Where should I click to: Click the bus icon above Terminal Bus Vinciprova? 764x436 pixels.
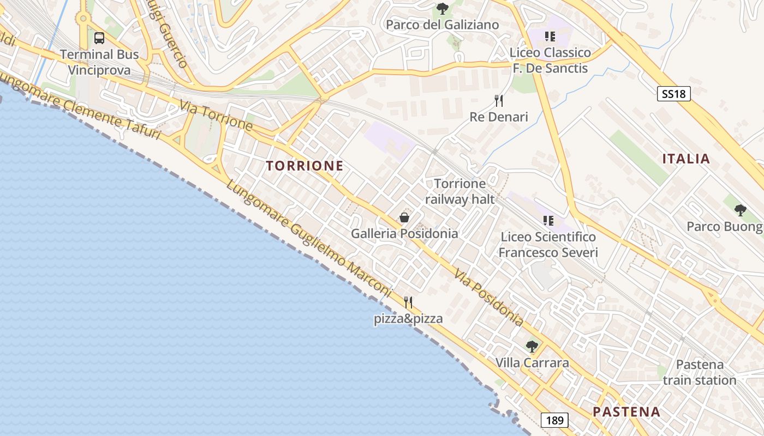99,38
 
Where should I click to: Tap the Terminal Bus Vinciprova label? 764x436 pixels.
99,62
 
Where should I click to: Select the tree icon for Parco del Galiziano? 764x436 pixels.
443,9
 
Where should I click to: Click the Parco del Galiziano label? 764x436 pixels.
443,25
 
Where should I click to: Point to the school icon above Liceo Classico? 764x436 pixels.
550,37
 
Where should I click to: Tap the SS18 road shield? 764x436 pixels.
673,94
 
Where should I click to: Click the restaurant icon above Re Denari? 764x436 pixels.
498,101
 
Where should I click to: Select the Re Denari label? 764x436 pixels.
499,117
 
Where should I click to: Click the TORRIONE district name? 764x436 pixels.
305,166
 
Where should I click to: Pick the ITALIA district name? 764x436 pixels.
686,159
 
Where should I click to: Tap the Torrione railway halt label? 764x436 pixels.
459,191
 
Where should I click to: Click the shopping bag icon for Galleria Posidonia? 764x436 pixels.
404,218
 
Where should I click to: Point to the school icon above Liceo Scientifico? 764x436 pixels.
548,221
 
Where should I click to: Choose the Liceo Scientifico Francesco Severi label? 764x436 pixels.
548,245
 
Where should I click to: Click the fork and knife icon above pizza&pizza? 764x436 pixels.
408,302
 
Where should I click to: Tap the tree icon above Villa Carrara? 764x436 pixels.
532,347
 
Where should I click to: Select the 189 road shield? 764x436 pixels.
555,420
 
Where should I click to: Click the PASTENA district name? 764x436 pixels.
626,411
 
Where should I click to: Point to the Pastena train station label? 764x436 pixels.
700,372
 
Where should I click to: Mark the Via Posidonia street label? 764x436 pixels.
489,298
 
